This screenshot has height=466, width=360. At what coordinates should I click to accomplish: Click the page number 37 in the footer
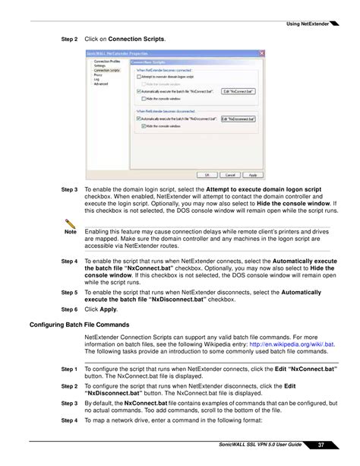point(321,444)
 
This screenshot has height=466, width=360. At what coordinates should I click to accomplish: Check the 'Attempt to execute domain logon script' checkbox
point(137,76)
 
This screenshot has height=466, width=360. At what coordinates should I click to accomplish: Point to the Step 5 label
point(70,292)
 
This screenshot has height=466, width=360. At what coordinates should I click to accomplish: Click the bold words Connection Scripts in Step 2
point(136,37)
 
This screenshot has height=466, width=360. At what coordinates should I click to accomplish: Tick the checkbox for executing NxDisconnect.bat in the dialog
point(137,119)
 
